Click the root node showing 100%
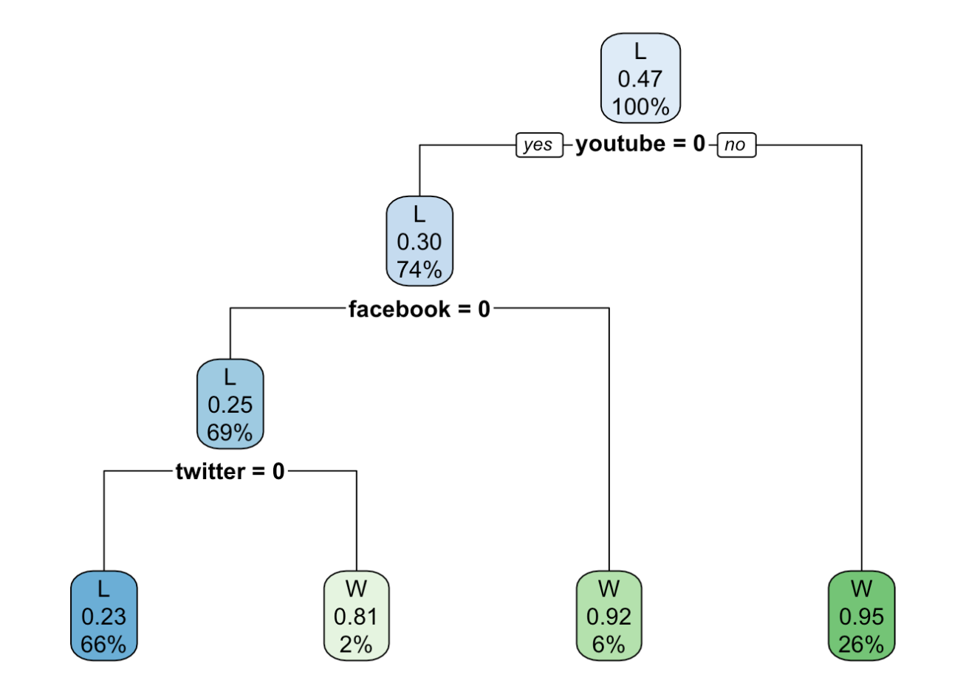[x=640, y=78]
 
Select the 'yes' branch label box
[x=538, y=145]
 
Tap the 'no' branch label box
[x=736, y=145]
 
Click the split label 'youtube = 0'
[x=640, y=144]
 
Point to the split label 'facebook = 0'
[x=419, y=309]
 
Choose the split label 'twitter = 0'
[x=230, y=471]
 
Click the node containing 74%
[x=419, y=241]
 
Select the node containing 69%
[x=230, y=404]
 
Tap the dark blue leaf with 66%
[x=103, y=616]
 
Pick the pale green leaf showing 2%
[x=356, y=616]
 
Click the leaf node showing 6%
[x=609, y=616]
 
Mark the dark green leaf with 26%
[x=861, y=616]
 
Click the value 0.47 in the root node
[x=640, y=79]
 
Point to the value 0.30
[x=419, y=242]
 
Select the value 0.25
[x=230, y=405]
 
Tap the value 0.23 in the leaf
[x=103, y=617]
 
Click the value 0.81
[x=356, y=617]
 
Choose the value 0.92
[x=609, y=617]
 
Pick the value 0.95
[x=861, y=617]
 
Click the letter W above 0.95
[x=861, y=588]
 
